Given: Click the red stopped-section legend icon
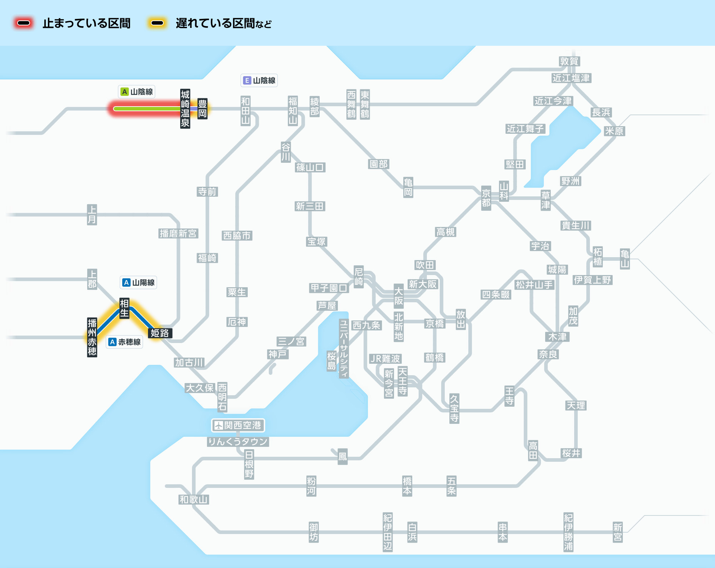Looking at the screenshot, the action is coord(24,23).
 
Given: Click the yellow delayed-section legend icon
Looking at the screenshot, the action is coord(157,23).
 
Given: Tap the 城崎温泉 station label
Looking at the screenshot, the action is coord(185,109).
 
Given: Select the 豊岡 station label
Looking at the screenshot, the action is coord(202,109).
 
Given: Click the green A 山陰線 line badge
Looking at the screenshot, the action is coord(137,92).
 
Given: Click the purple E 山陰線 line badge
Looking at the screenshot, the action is coord(259,80).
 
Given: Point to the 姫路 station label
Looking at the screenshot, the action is coord(160,333).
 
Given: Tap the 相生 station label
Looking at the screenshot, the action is coord(124,308).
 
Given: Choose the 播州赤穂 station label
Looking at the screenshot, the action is coord(92,337).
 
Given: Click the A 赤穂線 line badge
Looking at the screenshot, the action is coord(125,342).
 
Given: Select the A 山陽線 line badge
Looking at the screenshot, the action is coord(138,283).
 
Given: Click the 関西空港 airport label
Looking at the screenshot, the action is coord(238,425).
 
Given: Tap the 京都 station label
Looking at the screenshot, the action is coord(486,198).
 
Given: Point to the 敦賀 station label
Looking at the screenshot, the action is coord(569,62).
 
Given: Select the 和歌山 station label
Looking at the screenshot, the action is coord(194,500).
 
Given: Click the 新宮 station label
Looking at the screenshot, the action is coord(618,532).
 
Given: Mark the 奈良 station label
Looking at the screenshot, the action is coord(548,354).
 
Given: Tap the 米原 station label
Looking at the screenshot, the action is coord(614,131).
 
